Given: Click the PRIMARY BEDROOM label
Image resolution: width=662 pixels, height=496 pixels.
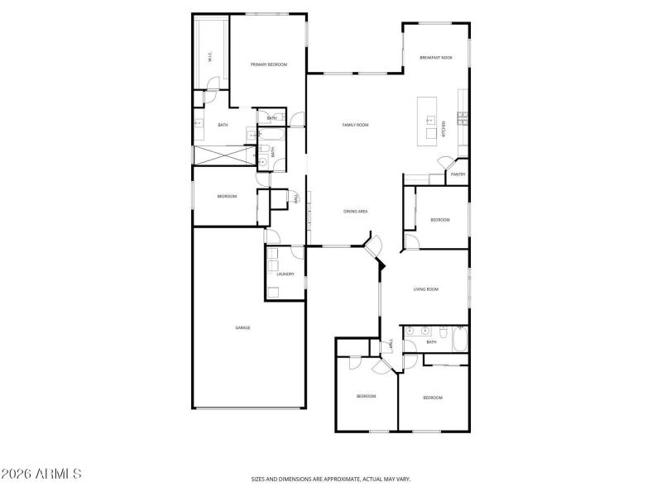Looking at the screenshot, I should tap(269, 64).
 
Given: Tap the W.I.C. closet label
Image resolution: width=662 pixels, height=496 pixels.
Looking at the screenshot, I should tap(210, 59).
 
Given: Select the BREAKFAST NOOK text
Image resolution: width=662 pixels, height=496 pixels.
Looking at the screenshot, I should tap(435, 58).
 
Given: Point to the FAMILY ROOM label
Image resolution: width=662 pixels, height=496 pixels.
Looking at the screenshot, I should tap(356, 125).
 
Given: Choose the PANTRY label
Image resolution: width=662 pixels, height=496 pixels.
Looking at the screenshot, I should tap(458, 174).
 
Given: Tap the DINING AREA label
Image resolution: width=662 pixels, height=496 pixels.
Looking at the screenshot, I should tap(356, 212).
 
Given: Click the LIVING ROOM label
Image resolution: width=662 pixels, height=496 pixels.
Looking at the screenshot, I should tap(425, 289).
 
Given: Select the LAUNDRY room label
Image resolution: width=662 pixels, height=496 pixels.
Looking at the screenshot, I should tap(285, 274).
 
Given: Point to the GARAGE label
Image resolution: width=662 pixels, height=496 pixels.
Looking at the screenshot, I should tap(242, 327).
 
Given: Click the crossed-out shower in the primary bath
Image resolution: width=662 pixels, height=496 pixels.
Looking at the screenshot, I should tap(221, 155).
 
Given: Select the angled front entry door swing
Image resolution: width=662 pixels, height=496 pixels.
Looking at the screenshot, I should tap(374, 245).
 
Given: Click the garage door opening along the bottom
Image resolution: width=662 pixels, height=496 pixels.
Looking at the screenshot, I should tap(248, 408).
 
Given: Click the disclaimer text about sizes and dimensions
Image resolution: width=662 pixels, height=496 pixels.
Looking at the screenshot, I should tap(331, 479).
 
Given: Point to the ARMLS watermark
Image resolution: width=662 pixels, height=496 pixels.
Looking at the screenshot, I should tap(41, 475).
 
